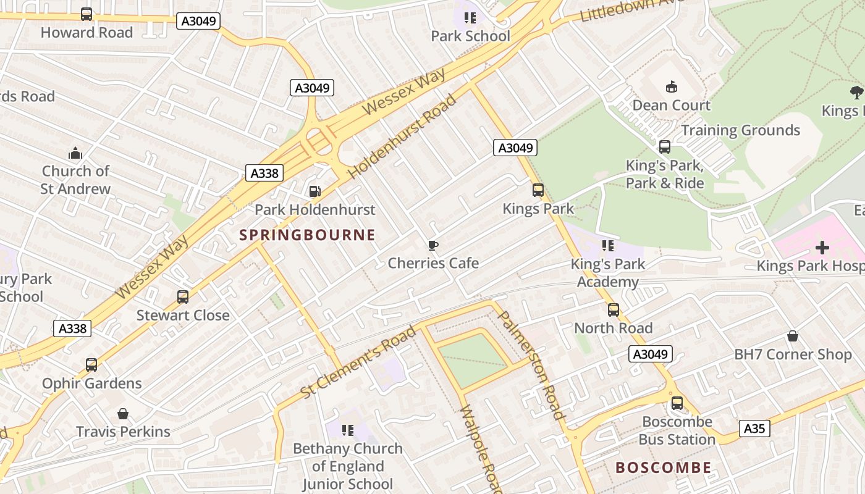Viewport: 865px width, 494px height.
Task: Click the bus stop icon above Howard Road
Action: coord(86,14)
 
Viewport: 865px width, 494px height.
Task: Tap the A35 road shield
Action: coord(754,429)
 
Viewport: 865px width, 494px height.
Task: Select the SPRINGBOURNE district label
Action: coord(307,235)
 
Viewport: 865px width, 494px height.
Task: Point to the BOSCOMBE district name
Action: coord(663,467)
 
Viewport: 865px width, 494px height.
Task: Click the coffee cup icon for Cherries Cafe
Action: coord(433,245)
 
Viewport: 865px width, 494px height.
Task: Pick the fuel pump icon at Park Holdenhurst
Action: coord(314,192)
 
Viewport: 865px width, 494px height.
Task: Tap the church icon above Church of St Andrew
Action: coord(75,153)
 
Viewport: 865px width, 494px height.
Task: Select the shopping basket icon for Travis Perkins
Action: coord(123,413)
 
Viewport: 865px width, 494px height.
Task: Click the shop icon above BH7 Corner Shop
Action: coord(792,336)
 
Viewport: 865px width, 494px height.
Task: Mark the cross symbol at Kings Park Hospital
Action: coord(822,248)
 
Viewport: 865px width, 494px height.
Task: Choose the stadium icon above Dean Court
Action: coord(671,87)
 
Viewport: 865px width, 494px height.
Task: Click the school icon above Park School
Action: coord(470,18)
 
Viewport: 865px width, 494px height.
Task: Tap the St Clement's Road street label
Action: coord(358,363)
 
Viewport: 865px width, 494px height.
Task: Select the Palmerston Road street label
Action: coord(531,364)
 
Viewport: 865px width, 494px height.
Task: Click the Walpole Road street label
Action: coord(479,448)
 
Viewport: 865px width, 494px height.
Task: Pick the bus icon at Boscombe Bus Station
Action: coord(677,403)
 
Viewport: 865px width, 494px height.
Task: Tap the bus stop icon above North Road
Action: coord(613,310)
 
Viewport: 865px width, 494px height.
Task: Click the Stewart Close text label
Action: coord(183,316)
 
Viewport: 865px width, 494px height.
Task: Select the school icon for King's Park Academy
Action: coord(608,246)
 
